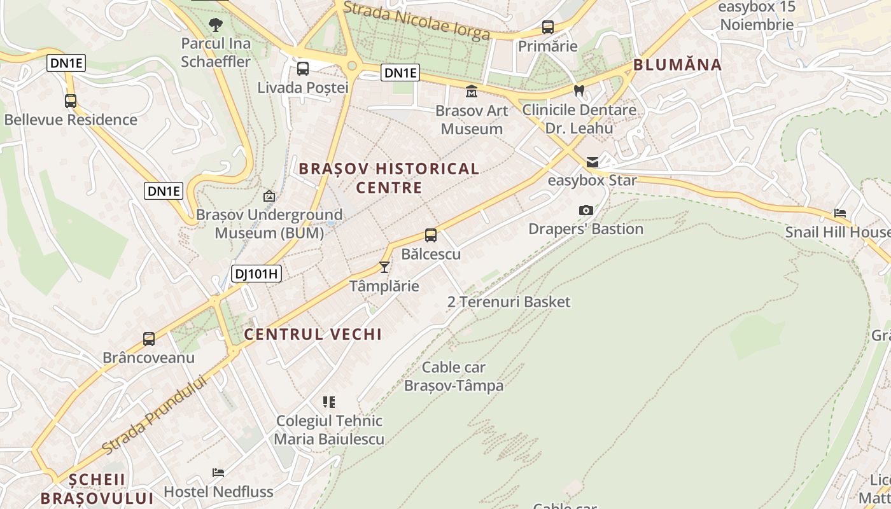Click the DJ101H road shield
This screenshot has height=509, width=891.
[x=256, y=274]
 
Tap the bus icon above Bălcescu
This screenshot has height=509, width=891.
[x=431, y=235]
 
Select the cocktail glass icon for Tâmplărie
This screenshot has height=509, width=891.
[x=384, y=267]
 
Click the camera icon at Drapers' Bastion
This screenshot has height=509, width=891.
[x=586, y=210]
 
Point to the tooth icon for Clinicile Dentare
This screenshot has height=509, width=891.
[x=579, y=91]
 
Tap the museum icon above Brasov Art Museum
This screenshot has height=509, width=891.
[x=472, y=92]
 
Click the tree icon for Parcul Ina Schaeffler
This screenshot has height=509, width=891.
[x=216, y=25]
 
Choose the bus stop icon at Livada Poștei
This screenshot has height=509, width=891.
[x=303, y=68]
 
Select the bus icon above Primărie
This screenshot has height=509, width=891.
[x=547, y=27]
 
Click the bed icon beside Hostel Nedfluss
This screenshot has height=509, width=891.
[x=218, y=473]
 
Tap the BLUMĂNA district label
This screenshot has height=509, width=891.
[x=678, y=65]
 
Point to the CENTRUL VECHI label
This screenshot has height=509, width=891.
[x=313, y=334]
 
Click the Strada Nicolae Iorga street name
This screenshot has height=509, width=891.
[x=417, y=21]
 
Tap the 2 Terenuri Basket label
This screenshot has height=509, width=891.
[x=509, y=302]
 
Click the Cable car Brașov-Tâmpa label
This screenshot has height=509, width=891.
[x=454, y=376]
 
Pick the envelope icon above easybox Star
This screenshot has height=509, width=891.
[x=593, y=162]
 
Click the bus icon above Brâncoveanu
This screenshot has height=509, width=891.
[x=148, y=339]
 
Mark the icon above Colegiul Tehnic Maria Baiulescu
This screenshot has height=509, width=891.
[x=329, y=401]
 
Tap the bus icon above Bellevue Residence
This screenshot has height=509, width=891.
[x=71, y=101]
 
